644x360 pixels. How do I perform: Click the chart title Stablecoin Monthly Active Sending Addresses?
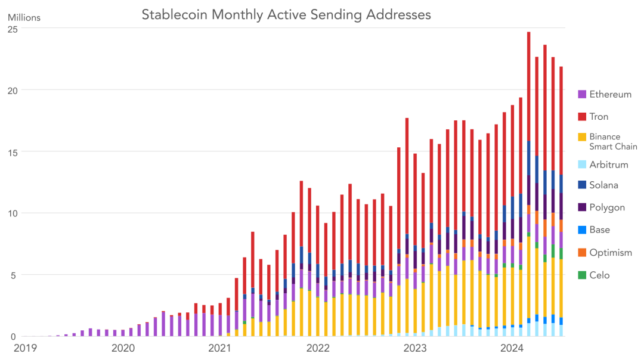pos(286,14)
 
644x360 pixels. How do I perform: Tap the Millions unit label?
pos(24,17)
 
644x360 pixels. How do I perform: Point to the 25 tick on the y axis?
pos(11,29)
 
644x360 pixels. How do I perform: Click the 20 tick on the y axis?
pos(11,90)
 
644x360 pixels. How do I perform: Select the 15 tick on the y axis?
pos(11,152)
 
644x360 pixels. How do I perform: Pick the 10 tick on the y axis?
pos(11,213)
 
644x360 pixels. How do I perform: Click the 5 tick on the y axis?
pos(14,275)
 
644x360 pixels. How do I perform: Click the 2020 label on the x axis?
pos(123,347)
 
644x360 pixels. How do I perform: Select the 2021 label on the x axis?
pos(219,347)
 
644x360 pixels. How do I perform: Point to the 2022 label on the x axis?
pos(317,347)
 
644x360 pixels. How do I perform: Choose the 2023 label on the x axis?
pos(414,347)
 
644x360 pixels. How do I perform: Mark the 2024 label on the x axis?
pos(512,347)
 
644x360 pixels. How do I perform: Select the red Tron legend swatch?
pos(582,117)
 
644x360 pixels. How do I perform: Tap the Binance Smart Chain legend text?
pos(613,141)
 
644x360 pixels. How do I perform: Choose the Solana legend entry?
pos(603,185)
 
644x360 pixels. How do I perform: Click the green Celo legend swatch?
pos(582,275)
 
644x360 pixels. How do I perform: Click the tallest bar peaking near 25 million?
pos(528,179)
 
